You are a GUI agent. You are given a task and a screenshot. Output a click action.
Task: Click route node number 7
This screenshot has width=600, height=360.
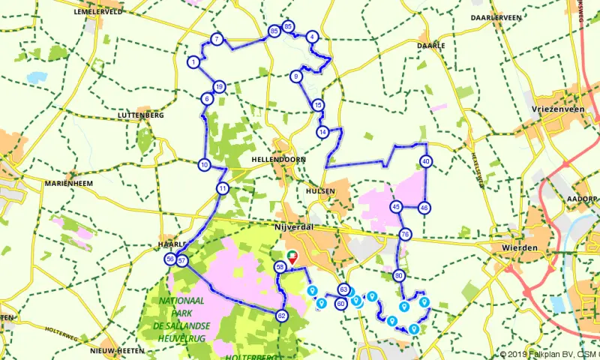216,39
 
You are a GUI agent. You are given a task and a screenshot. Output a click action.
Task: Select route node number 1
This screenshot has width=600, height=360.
193,62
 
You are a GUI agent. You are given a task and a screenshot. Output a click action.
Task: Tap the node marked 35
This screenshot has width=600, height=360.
274,31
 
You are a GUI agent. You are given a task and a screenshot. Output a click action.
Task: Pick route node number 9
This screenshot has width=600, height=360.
296,76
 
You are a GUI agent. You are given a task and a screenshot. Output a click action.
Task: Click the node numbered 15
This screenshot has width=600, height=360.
319,105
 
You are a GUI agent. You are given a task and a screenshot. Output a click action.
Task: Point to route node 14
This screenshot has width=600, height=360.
322,132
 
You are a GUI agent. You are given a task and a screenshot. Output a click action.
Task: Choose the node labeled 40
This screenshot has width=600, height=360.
426,161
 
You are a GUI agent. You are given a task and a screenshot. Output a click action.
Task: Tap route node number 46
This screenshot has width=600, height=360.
424,208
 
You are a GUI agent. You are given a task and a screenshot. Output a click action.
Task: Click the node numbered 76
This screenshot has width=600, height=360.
405,235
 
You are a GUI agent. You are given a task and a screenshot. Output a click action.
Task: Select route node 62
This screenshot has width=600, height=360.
281,316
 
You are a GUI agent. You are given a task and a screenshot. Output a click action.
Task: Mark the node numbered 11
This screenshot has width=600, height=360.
222,188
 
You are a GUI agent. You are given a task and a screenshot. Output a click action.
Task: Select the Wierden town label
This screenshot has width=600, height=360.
520,247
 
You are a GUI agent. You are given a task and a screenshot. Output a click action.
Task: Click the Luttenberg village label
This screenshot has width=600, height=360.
140,115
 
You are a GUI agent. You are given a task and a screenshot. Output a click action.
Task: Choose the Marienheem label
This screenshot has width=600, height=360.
67,182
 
